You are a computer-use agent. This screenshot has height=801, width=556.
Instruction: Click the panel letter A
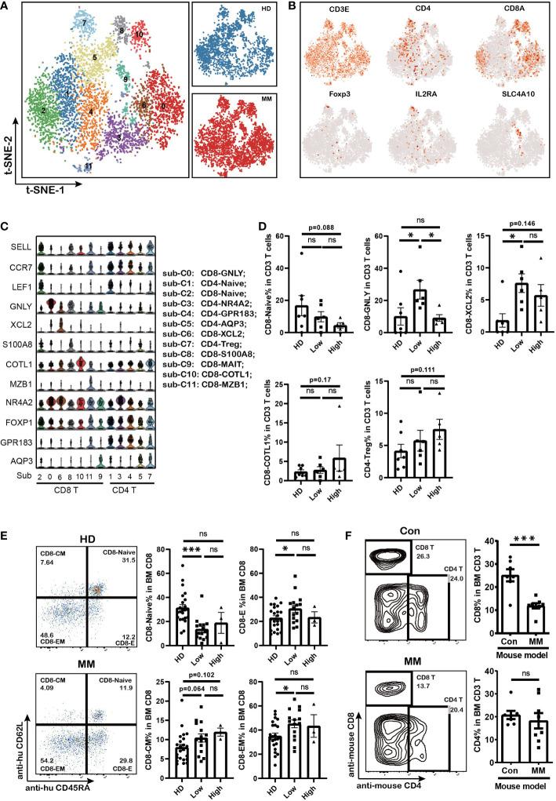(x=6, y=7)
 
